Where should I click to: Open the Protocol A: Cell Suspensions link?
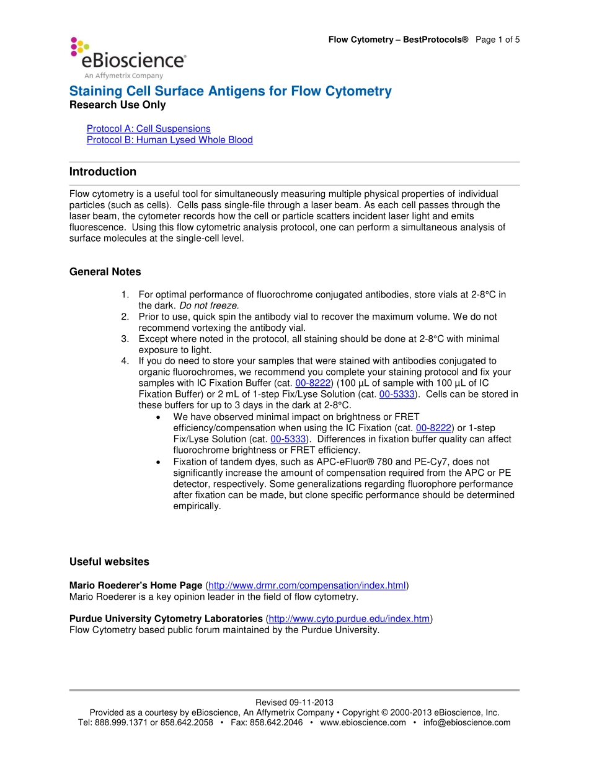coord(148,129)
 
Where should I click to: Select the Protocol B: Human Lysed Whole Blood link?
coord(169,140)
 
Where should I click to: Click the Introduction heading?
coord(102,172)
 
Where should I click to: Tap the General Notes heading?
coord(105,272)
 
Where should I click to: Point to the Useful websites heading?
coord(109,562)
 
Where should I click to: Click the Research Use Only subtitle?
coord(117,105)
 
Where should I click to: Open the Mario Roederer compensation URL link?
coord(307,585)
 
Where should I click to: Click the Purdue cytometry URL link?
coord(349,619)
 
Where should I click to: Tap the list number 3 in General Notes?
coord(125,339)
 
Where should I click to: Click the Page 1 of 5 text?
coord(497,40)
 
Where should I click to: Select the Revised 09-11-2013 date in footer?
coord(294,703)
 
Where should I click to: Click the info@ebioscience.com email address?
coord(467,722)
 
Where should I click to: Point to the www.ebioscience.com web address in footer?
coord(363,722)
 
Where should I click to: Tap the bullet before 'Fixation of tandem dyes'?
coord(160,462)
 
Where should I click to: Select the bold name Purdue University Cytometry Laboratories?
coord(166,619)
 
